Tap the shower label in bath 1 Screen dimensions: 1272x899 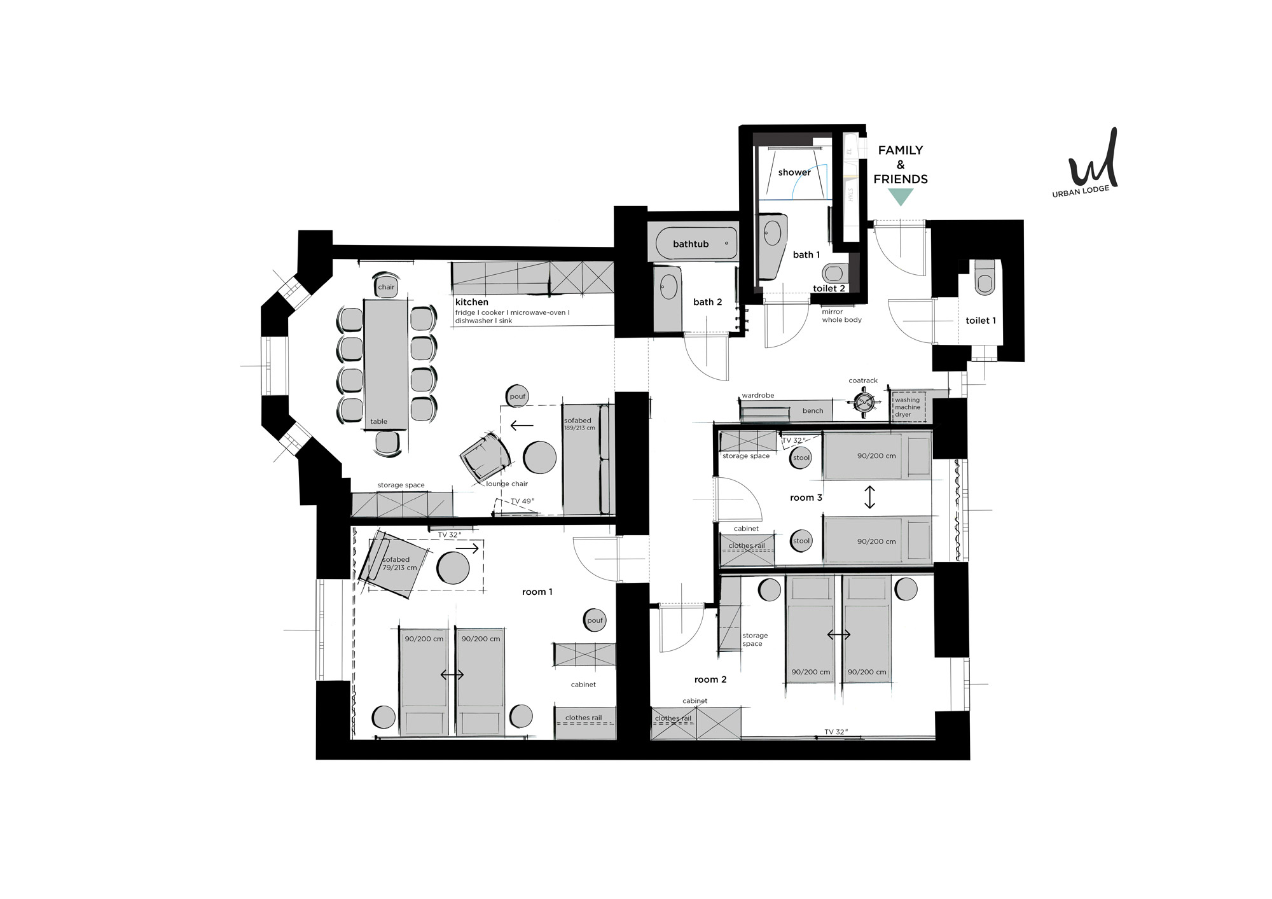coord(794,172)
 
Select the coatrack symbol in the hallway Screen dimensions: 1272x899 coord(864,402)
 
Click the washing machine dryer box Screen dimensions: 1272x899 coord(909,407)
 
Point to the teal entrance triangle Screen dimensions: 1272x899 coord(901,197)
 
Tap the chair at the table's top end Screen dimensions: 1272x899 coord(386,286)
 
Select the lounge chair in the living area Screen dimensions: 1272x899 coord(485,456)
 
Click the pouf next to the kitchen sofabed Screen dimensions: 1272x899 coord(518,396)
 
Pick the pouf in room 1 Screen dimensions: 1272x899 coord(595,620)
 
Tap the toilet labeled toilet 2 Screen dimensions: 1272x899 coord(833,274)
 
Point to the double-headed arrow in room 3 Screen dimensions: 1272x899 coord(869,497)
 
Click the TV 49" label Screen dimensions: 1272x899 coord(523,501)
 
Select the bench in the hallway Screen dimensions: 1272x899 coord(812,411)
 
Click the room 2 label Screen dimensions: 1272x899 coord(710,679)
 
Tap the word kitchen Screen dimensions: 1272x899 coord(472,302)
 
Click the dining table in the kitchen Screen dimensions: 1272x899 coord(386,365)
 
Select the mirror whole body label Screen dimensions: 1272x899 coord(841,316)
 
